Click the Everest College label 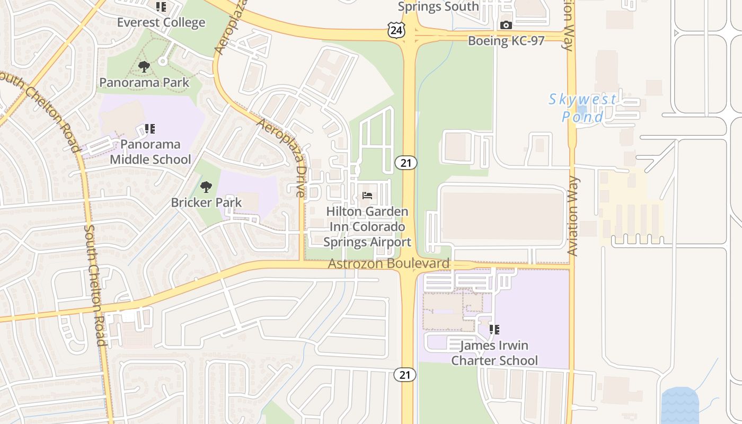pyautogui.click(x=161, y=23)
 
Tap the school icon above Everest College pyautogui.click(x=161, y=7)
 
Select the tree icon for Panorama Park pyautogui.click(x=144, y=67)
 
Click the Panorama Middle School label pyautogui.click(x=150, y=152)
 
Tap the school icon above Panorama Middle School pyautogui.click(x=150, y=128)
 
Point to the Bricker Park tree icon pyautogui.click(x=206, y=187)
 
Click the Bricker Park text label pyautogui.click(x=206, y=202)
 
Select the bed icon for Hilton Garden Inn pyautogui.click(x=367, y=196)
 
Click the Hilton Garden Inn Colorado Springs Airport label pyautogui.click(x=367, y=227)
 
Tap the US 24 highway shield pyautogui.click(x=396, y=31)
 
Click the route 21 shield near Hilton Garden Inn pyautogui.click(x=406, y=163)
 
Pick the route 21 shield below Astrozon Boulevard pyautogui.click(x=405, y=375)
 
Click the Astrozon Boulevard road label pyautogui.click(x=388, y=263)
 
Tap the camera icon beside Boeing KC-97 pyautogui.click(x=506, y=25)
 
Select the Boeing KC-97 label pyautogui.click(x=506, y=41)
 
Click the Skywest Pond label pyautogui.click(x=582, y=108)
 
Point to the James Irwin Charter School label pyautogui.click(x=494, y=353)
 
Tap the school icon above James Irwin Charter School pyautogui.click(x=494, y=330)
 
